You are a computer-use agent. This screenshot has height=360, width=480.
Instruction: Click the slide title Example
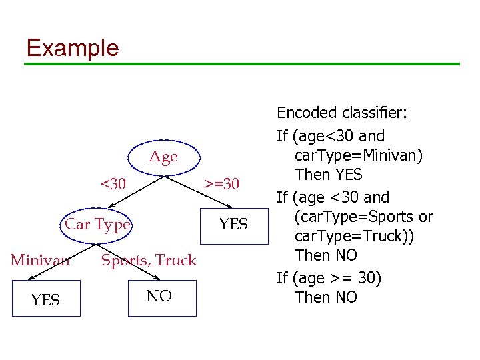pos(72,48)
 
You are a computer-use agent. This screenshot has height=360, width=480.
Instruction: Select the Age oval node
pos(163,157)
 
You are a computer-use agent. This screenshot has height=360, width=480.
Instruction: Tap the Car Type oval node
pos(97,224)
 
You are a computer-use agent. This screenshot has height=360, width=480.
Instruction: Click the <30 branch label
pos(112,183)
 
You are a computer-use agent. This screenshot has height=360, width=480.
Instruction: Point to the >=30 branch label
pos(221,183)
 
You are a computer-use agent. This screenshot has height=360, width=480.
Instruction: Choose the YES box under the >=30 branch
pos(233,225)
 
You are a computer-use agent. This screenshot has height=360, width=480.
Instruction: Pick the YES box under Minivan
pos(45,299)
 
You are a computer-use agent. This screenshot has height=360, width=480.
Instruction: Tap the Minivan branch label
pos(39,260)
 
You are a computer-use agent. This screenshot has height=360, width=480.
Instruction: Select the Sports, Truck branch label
pos(149,260)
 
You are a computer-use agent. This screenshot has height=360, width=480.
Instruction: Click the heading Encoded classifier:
pos(341,113)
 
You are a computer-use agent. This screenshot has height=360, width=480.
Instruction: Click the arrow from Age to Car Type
pos(127,194)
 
